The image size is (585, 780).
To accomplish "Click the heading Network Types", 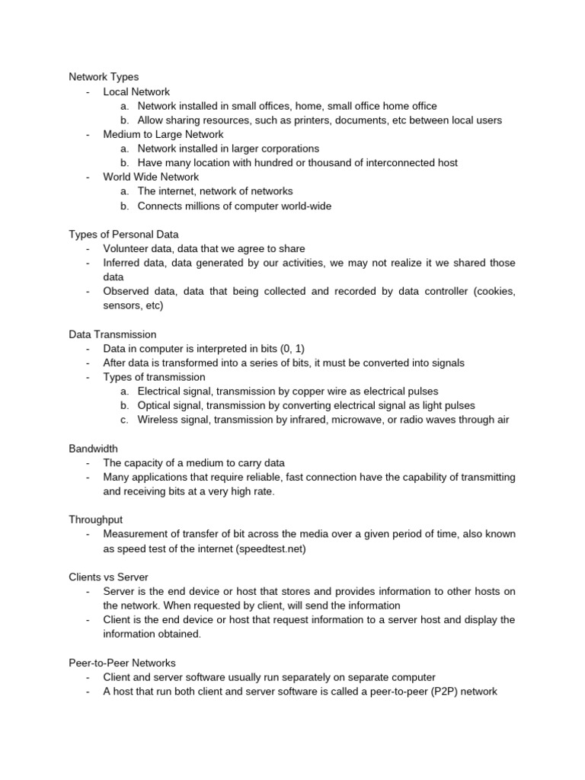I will (x=104, y=77).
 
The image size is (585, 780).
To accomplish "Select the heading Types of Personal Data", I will (x=123, y=234).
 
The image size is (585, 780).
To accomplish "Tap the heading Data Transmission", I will (x=112, y=334).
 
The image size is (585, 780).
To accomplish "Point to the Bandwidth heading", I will (x=93, y=449).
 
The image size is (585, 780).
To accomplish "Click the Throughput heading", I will (x=97, y=520).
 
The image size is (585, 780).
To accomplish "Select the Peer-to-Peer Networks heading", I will (x=122, y=663).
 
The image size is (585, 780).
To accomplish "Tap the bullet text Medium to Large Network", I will (x=163, y=134).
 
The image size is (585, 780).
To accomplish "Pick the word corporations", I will (x=283, y=149).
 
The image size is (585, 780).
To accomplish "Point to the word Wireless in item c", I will (x=159, y=420).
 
